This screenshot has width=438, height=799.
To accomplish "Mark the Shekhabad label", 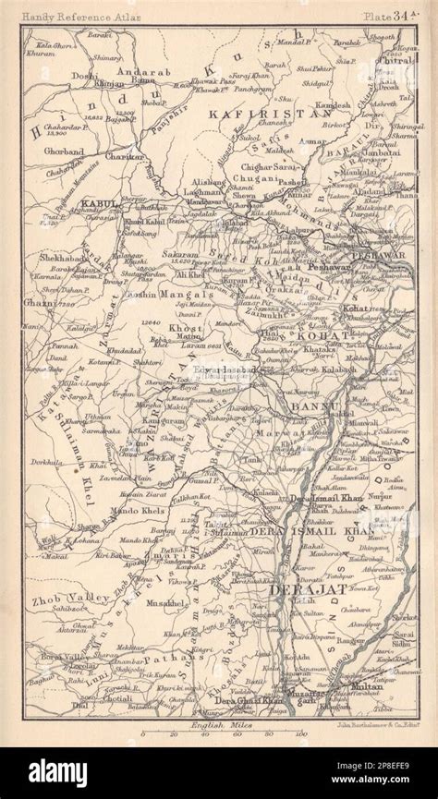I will (62, 259).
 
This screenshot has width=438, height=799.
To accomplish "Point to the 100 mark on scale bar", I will (300, 735).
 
